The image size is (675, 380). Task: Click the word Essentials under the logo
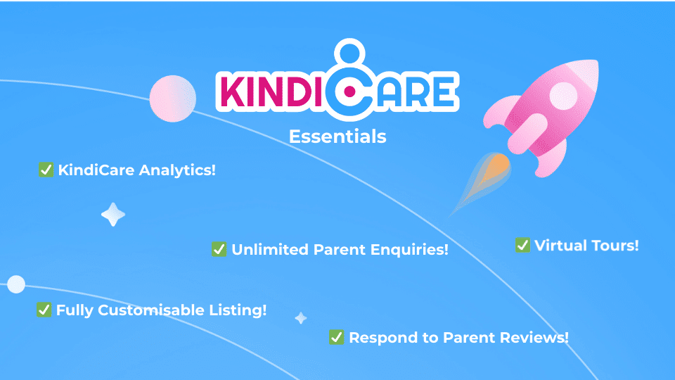tap(337, 137)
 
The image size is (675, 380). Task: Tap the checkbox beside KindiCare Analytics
tap(46, 170)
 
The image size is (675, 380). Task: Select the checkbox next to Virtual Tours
tap(522, 245)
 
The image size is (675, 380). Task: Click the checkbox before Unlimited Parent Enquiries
tap(219, 249)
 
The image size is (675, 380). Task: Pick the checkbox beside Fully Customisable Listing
tap(44, 310)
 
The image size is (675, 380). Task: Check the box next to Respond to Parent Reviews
tap(336, 337)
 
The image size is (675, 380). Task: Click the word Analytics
tap(177, 170)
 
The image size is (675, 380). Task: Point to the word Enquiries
tap(409, 249)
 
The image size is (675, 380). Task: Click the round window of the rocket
tap(563, 95)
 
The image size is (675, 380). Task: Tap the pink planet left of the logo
tap(173, 99)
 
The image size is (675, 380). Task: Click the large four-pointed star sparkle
tap(113, 215)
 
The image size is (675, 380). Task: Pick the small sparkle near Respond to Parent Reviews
tap(301, 318)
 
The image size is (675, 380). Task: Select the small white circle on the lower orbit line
tap(16, 284)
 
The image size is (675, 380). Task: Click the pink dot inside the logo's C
tap(350, 91)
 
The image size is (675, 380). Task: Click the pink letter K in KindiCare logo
tap(233, 91)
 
